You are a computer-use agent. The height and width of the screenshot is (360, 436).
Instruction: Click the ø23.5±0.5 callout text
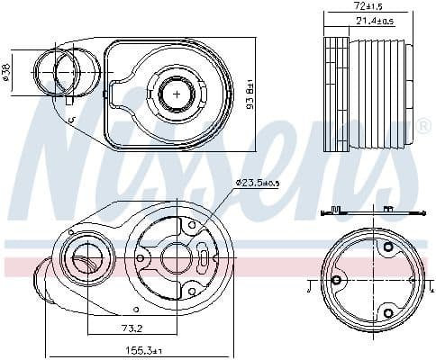pyautogui.click(x=259, y=183)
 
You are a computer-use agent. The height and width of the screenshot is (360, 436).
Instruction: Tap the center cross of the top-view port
pyautogui.click(x=177, y=93)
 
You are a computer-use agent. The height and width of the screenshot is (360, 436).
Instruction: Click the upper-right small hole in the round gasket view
pyautogui.click(x=387, y=247)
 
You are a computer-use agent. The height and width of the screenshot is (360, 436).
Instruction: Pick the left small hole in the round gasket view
pyautogui.click(x=337, y=281)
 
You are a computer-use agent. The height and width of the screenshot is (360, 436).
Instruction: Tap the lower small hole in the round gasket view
pyautogui.click(x=387, y=312)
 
